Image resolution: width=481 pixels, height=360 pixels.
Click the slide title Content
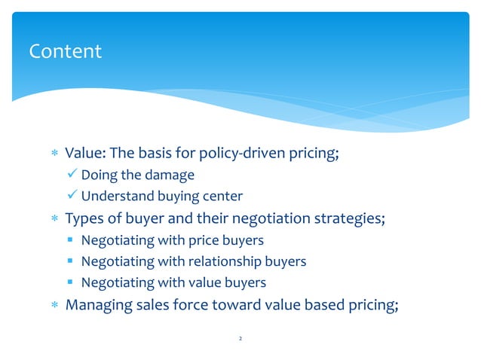(x=65, y=51)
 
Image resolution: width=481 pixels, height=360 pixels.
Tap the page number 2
(x=240, y=340)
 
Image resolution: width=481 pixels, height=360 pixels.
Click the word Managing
(x=98, y=306)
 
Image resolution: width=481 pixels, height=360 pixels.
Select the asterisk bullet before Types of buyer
(x=53, y=220)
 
